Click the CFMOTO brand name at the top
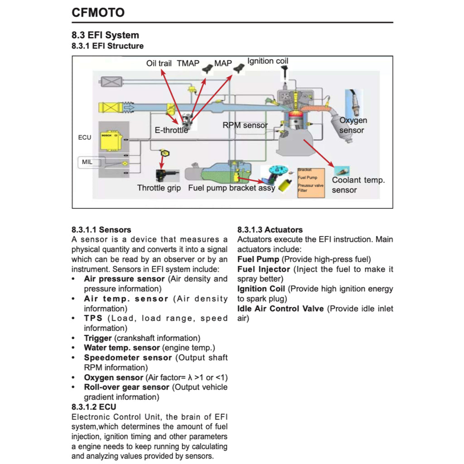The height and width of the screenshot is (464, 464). pos(98,13)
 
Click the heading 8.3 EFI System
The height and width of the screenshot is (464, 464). pos(105,35)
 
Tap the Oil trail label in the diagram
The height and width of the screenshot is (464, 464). pos(159,63)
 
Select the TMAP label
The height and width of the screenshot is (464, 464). pos(188,63)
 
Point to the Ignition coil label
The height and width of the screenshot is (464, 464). pos(267,61)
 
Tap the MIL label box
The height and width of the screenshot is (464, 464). pos(87,161)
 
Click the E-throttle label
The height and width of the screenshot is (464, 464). pos(171,130)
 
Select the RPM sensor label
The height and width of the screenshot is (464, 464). pos(245,125)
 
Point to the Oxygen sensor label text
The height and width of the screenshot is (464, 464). pos(353,125)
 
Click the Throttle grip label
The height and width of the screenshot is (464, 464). pos(159,188)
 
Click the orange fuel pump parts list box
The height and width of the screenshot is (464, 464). pos(311,182)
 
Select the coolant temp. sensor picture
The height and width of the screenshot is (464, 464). pos(341,171)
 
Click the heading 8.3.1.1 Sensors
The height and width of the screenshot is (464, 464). pos(101,230)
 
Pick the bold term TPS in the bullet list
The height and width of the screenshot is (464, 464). pos(93,318)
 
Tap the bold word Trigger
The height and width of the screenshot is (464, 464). pos(97,338)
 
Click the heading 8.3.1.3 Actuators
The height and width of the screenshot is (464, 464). pos(270,230)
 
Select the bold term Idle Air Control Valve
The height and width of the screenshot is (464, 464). pos(280,309)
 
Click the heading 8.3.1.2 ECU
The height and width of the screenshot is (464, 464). pos(94,407)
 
